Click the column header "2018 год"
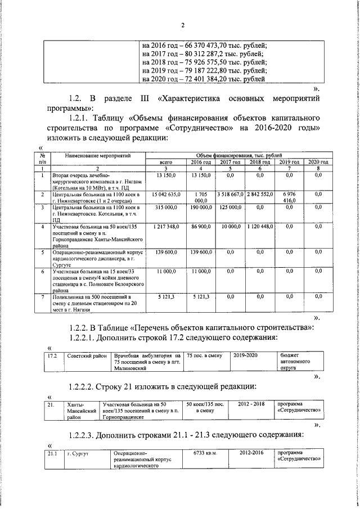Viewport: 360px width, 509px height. tap(260, 161)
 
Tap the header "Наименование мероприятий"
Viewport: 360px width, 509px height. tap(98, 154)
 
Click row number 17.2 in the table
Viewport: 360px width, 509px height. tap(53, 355)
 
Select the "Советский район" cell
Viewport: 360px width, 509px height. tap(87, 355)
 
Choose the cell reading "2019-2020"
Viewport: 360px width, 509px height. tap(246, 355)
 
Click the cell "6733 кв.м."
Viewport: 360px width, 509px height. tap(205, 453)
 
